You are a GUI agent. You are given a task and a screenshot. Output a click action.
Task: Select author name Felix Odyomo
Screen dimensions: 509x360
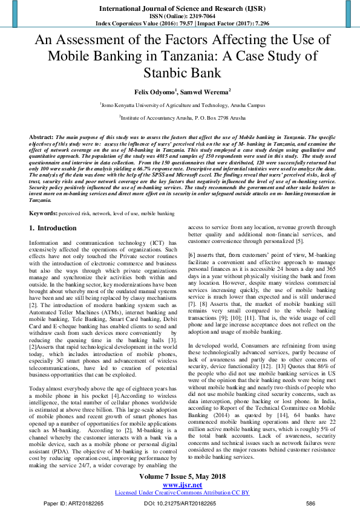[153, 91]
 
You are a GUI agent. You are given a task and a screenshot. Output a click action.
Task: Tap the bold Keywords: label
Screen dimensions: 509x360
[44, 213]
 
